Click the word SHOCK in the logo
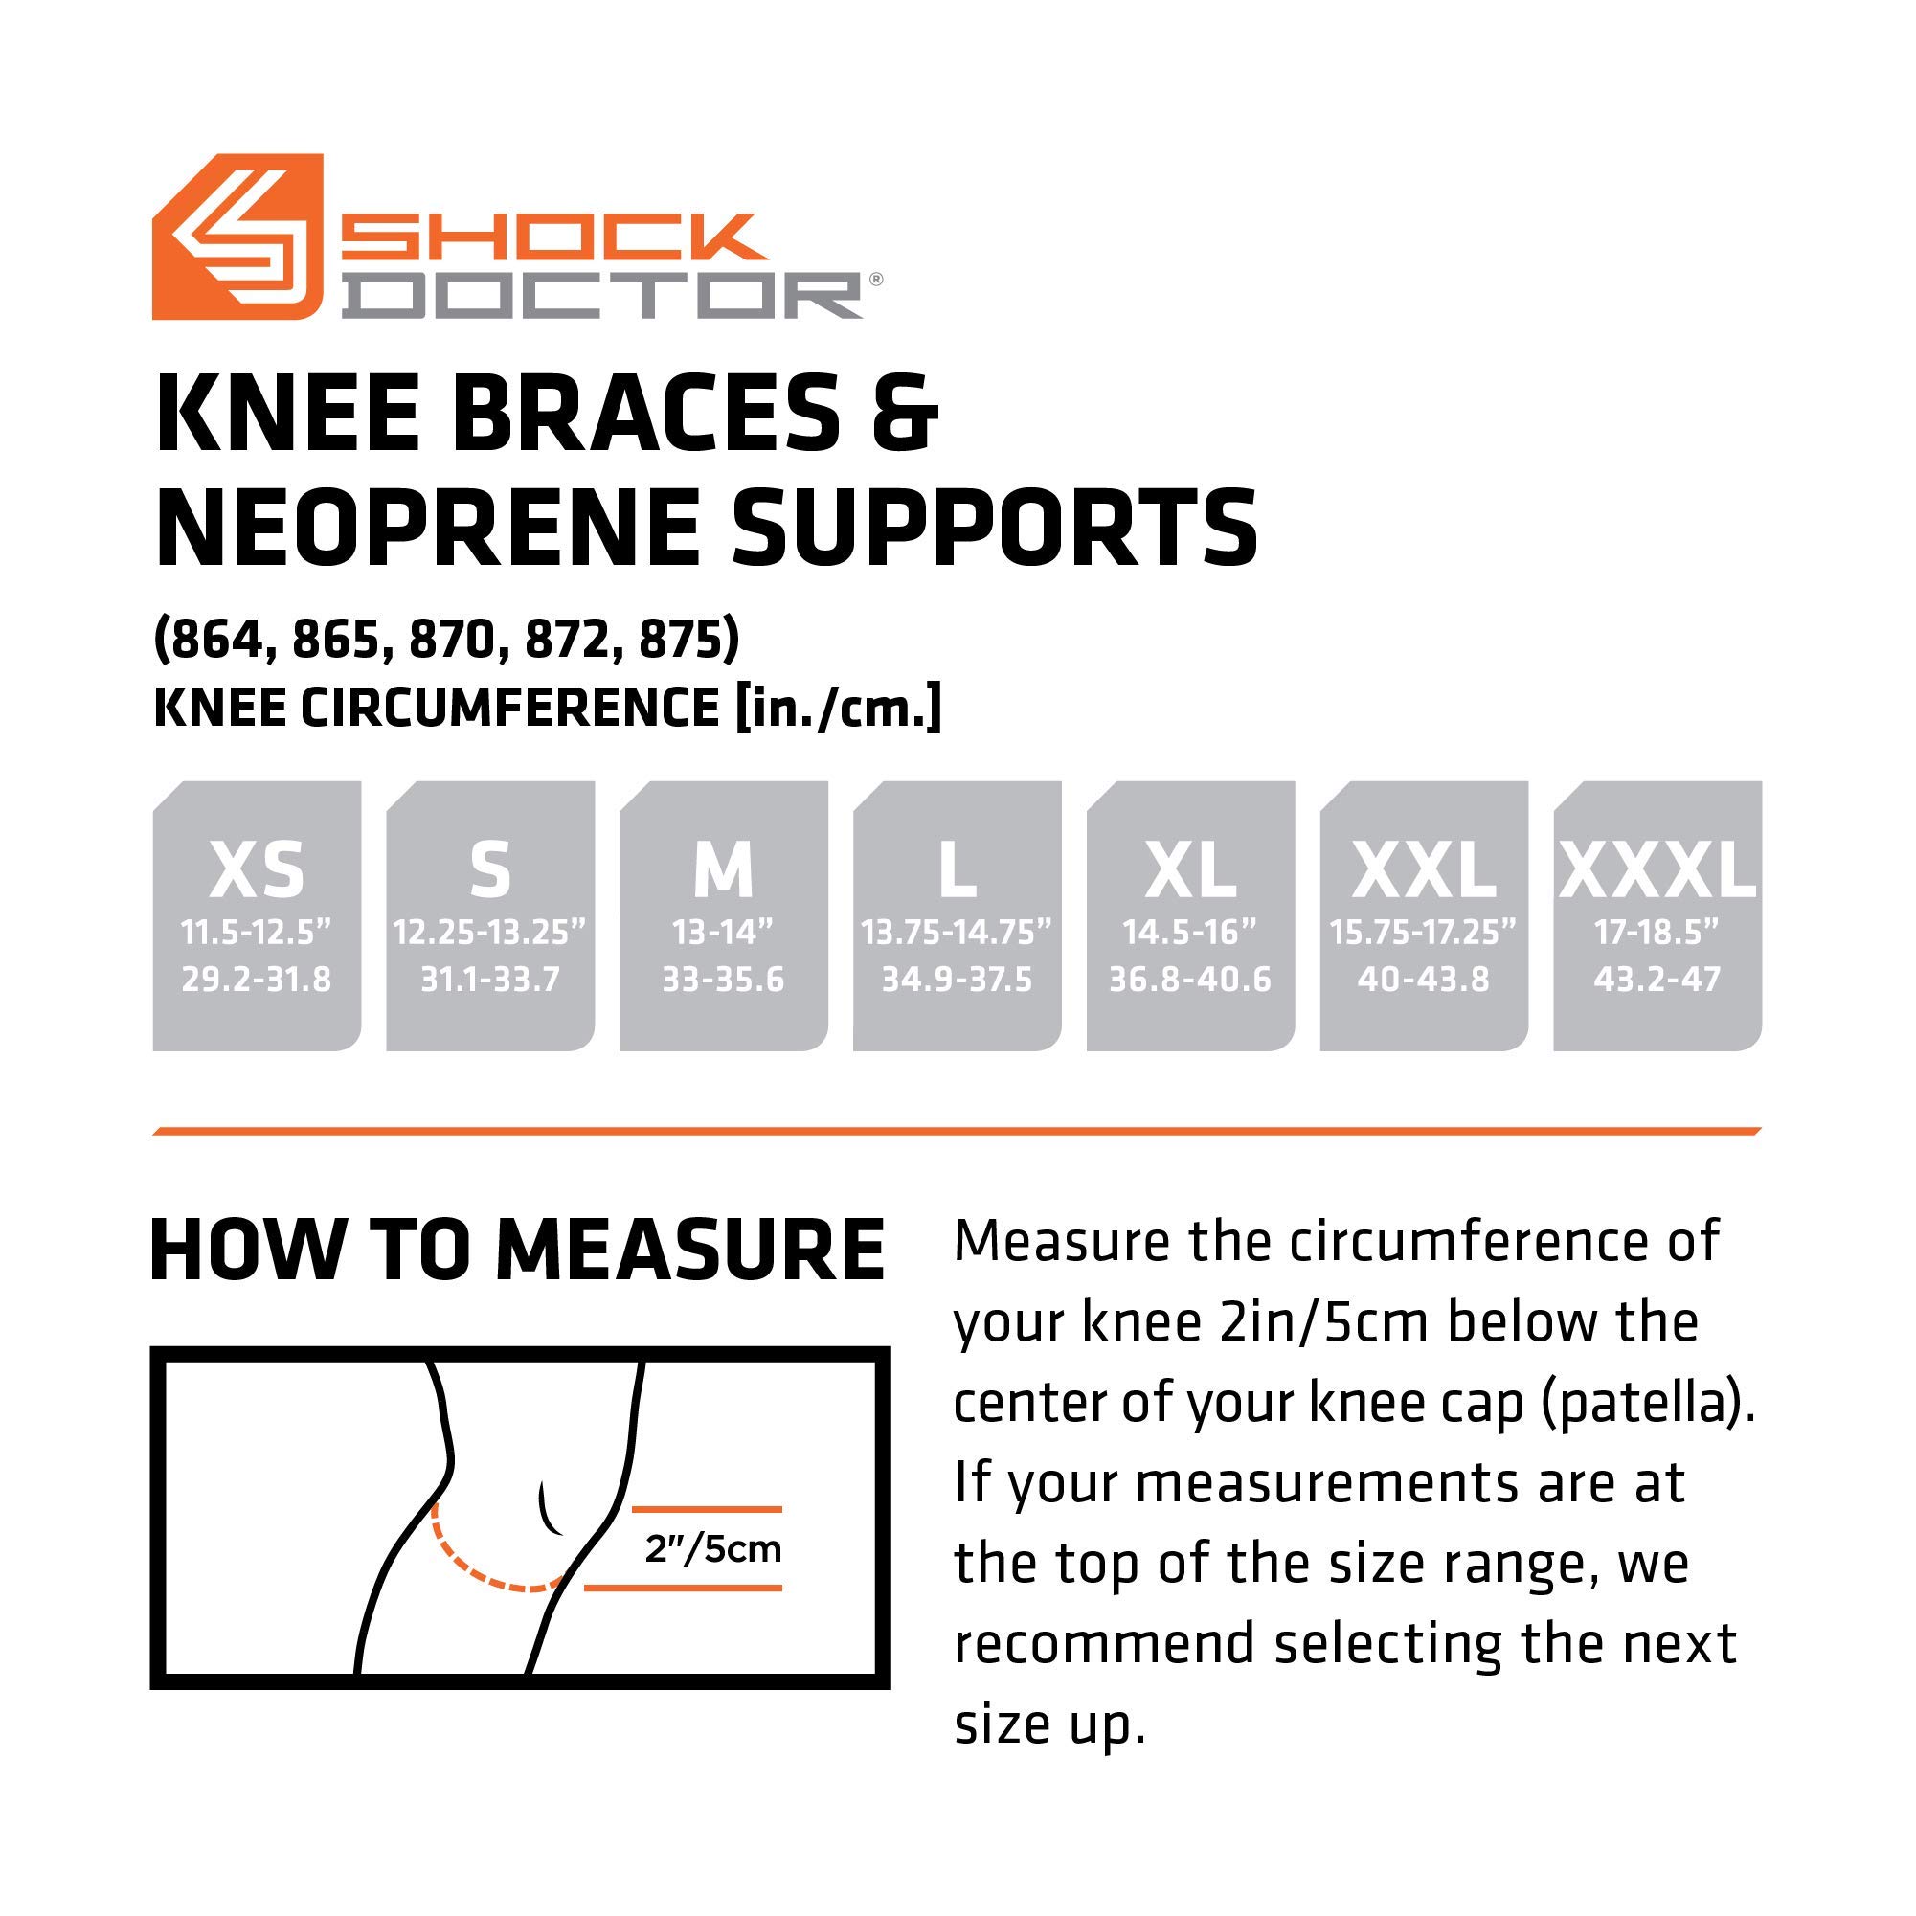(x=552, y=237)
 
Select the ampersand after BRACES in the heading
(x=905, y=415)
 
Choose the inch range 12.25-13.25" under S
(x=490, y=933)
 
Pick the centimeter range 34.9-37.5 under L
(x=957, y=980)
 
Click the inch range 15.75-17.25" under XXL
(x=1423, y=933)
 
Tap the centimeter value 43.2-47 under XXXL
(x=1657, y=980)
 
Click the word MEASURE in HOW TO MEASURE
(x=689, y=1250)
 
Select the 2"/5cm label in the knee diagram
(x=713, y=1548)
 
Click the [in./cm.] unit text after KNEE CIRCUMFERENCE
(x=838, y=709)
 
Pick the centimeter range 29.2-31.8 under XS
(x=257, y=980)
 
